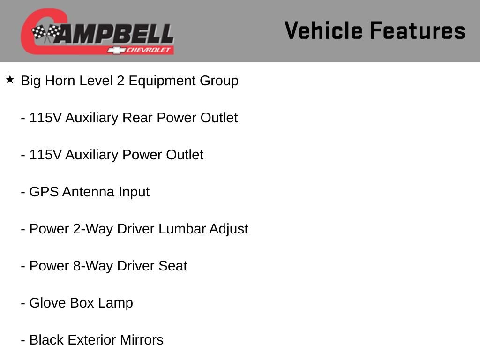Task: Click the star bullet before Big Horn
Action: tap(10, 79)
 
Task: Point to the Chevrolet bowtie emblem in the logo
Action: tap(113, 50)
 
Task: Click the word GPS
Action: tap(44, 192)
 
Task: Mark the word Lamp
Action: tap(115, 303)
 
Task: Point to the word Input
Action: tap(134, 192)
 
